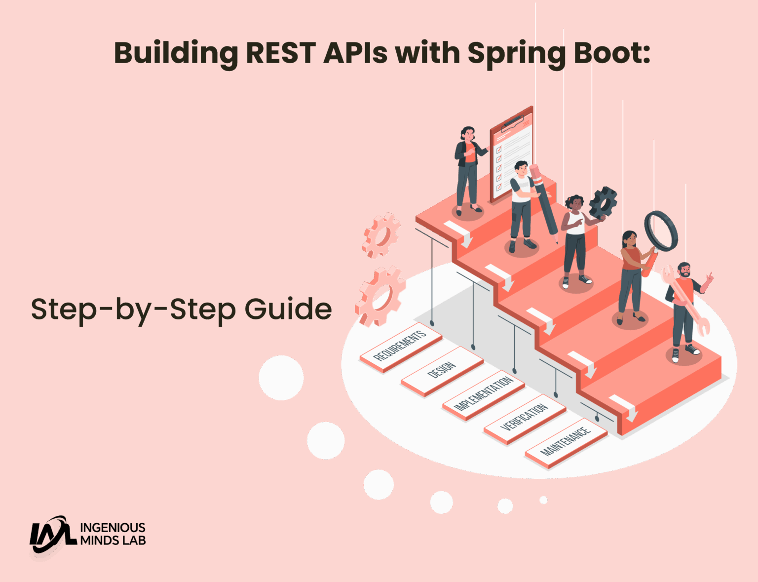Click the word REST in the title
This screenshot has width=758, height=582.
click(x=280, y=53)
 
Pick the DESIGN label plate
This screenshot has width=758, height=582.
click(x=442, y=370)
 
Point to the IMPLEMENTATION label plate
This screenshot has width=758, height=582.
click(x=483, y=394)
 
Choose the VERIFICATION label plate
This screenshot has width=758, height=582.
click(x=524, y=418)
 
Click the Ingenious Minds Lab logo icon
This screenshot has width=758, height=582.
click(x=51, y=535)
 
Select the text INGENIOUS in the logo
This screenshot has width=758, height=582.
click(x=113, y=528)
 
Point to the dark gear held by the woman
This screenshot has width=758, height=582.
click(x=604, y=202)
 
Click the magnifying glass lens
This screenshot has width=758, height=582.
click(x=661, y=230)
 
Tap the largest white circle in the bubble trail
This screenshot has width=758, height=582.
click(x=281, y=378)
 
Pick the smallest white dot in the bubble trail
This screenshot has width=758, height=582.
click(x=543, y=500)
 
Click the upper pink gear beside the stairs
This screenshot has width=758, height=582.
click(x=381, y=235)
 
